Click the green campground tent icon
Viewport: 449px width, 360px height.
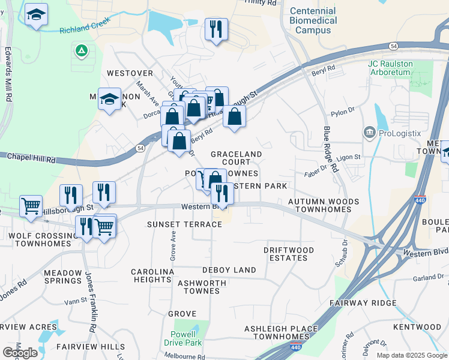click(81, 51)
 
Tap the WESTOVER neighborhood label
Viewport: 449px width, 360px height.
click(130, 73)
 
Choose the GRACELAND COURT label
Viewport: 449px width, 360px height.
click(236, 158)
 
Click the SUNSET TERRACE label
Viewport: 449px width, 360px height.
click(176, 224)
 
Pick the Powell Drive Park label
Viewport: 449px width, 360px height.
click(182, 338)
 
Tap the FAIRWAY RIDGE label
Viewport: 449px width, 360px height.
click(367, 303)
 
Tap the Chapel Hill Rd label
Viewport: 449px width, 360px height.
click(31, 157)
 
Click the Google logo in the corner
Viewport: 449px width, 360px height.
click(20, 353)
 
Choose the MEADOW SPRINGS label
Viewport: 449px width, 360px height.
click(62, 276)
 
